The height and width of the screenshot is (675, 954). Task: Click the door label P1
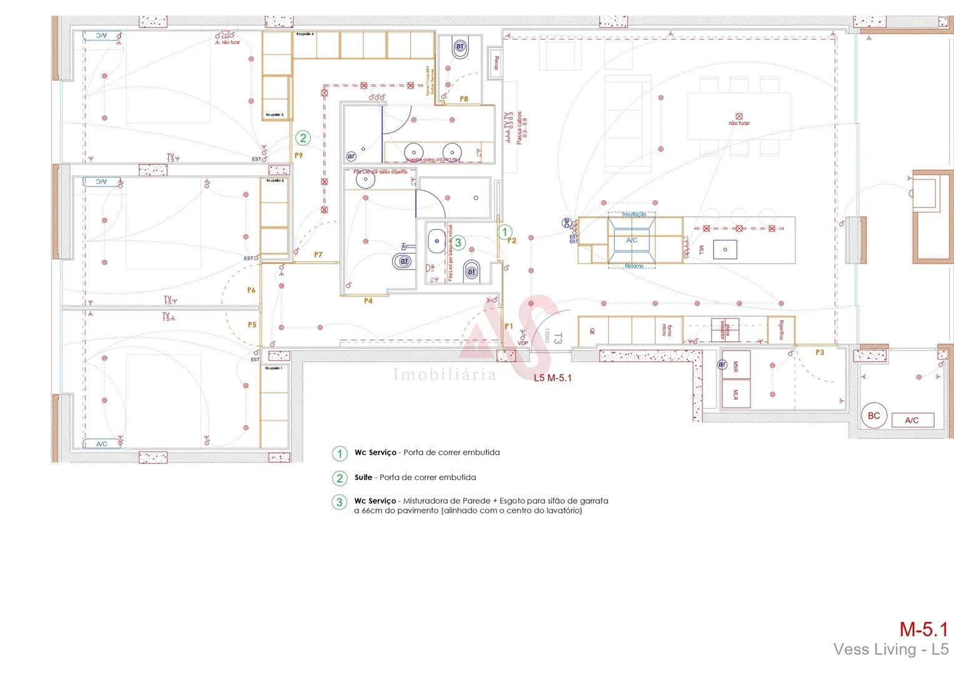[x=509, y=326]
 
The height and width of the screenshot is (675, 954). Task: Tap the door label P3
[x=820, y=353]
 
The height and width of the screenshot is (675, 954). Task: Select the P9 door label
[x=298, y=156]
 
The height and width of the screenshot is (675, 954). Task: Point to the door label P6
[x=251, y=291]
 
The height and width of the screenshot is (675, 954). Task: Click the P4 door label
[x=368, y=301]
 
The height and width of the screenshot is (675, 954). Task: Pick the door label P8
[x=464, y=99]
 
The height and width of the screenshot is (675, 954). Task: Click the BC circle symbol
[x=873, y=416]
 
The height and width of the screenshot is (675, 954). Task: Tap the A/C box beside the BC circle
[x=912, y=420]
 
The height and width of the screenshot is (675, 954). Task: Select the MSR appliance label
[x=735, y=367]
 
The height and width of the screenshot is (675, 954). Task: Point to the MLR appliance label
[x=735, y=394]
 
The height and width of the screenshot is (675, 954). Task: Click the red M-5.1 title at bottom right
[x=923, y=629]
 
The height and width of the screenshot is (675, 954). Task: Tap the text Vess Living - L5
[x=890, y=650]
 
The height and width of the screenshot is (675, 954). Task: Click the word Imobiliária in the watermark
[x=445, y=374]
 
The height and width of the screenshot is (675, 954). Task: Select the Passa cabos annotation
[x=519, y=128]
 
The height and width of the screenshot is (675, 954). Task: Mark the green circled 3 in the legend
[x=340, y=502]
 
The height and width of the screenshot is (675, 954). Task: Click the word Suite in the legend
[x=363, y=477]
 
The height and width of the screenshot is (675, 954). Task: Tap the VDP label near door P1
[x=523, y=343]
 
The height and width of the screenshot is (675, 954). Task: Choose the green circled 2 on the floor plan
[x=303, y=138]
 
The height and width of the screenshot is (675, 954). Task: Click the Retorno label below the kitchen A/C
[x=634, y=266]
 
